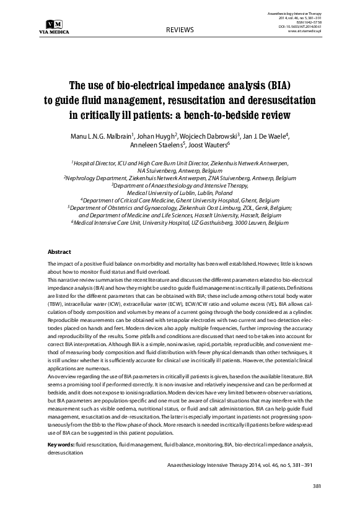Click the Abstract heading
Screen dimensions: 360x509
[60, 252]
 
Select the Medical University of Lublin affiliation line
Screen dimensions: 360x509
[180, 192]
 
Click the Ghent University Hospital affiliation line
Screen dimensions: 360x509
[180, 200]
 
